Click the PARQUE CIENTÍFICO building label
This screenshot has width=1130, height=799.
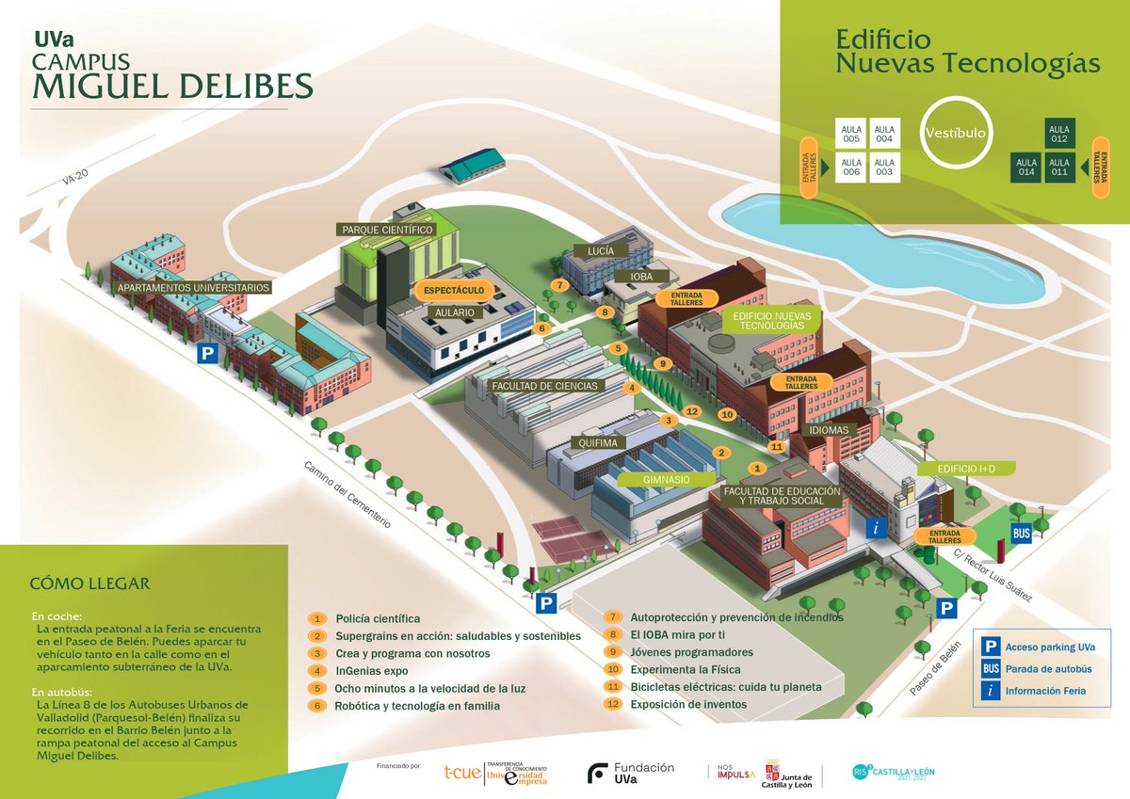[387, 230]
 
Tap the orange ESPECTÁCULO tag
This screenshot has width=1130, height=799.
[454, 291]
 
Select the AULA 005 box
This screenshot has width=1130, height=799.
[851, 134]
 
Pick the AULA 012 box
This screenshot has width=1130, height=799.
[1059, 134]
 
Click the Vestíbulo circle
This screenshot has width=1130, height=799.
[955, 134]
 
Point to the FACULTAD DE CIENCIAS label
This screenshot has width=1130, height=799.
[544, 386]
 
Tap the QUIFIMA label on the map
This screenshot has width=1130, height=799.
[598, 442]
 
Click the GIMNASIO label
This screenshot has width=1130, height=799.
[666, 479]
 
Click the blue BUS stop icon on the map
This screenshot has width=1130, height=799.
[1021, 534]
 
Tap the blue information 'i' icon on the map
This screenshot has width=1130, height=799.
[877, 529]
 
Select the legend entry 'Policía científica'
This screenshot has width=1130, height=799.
[378, 618]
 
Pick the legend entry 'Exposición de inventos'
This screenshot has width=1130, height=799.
[687, 704]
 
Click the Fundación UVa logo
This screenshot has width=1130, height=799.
[631, 773]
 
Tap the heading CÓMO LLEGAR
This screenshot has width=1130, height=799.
[89, 583]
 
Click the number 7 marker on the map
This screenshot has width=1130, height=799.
[559, 284]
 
